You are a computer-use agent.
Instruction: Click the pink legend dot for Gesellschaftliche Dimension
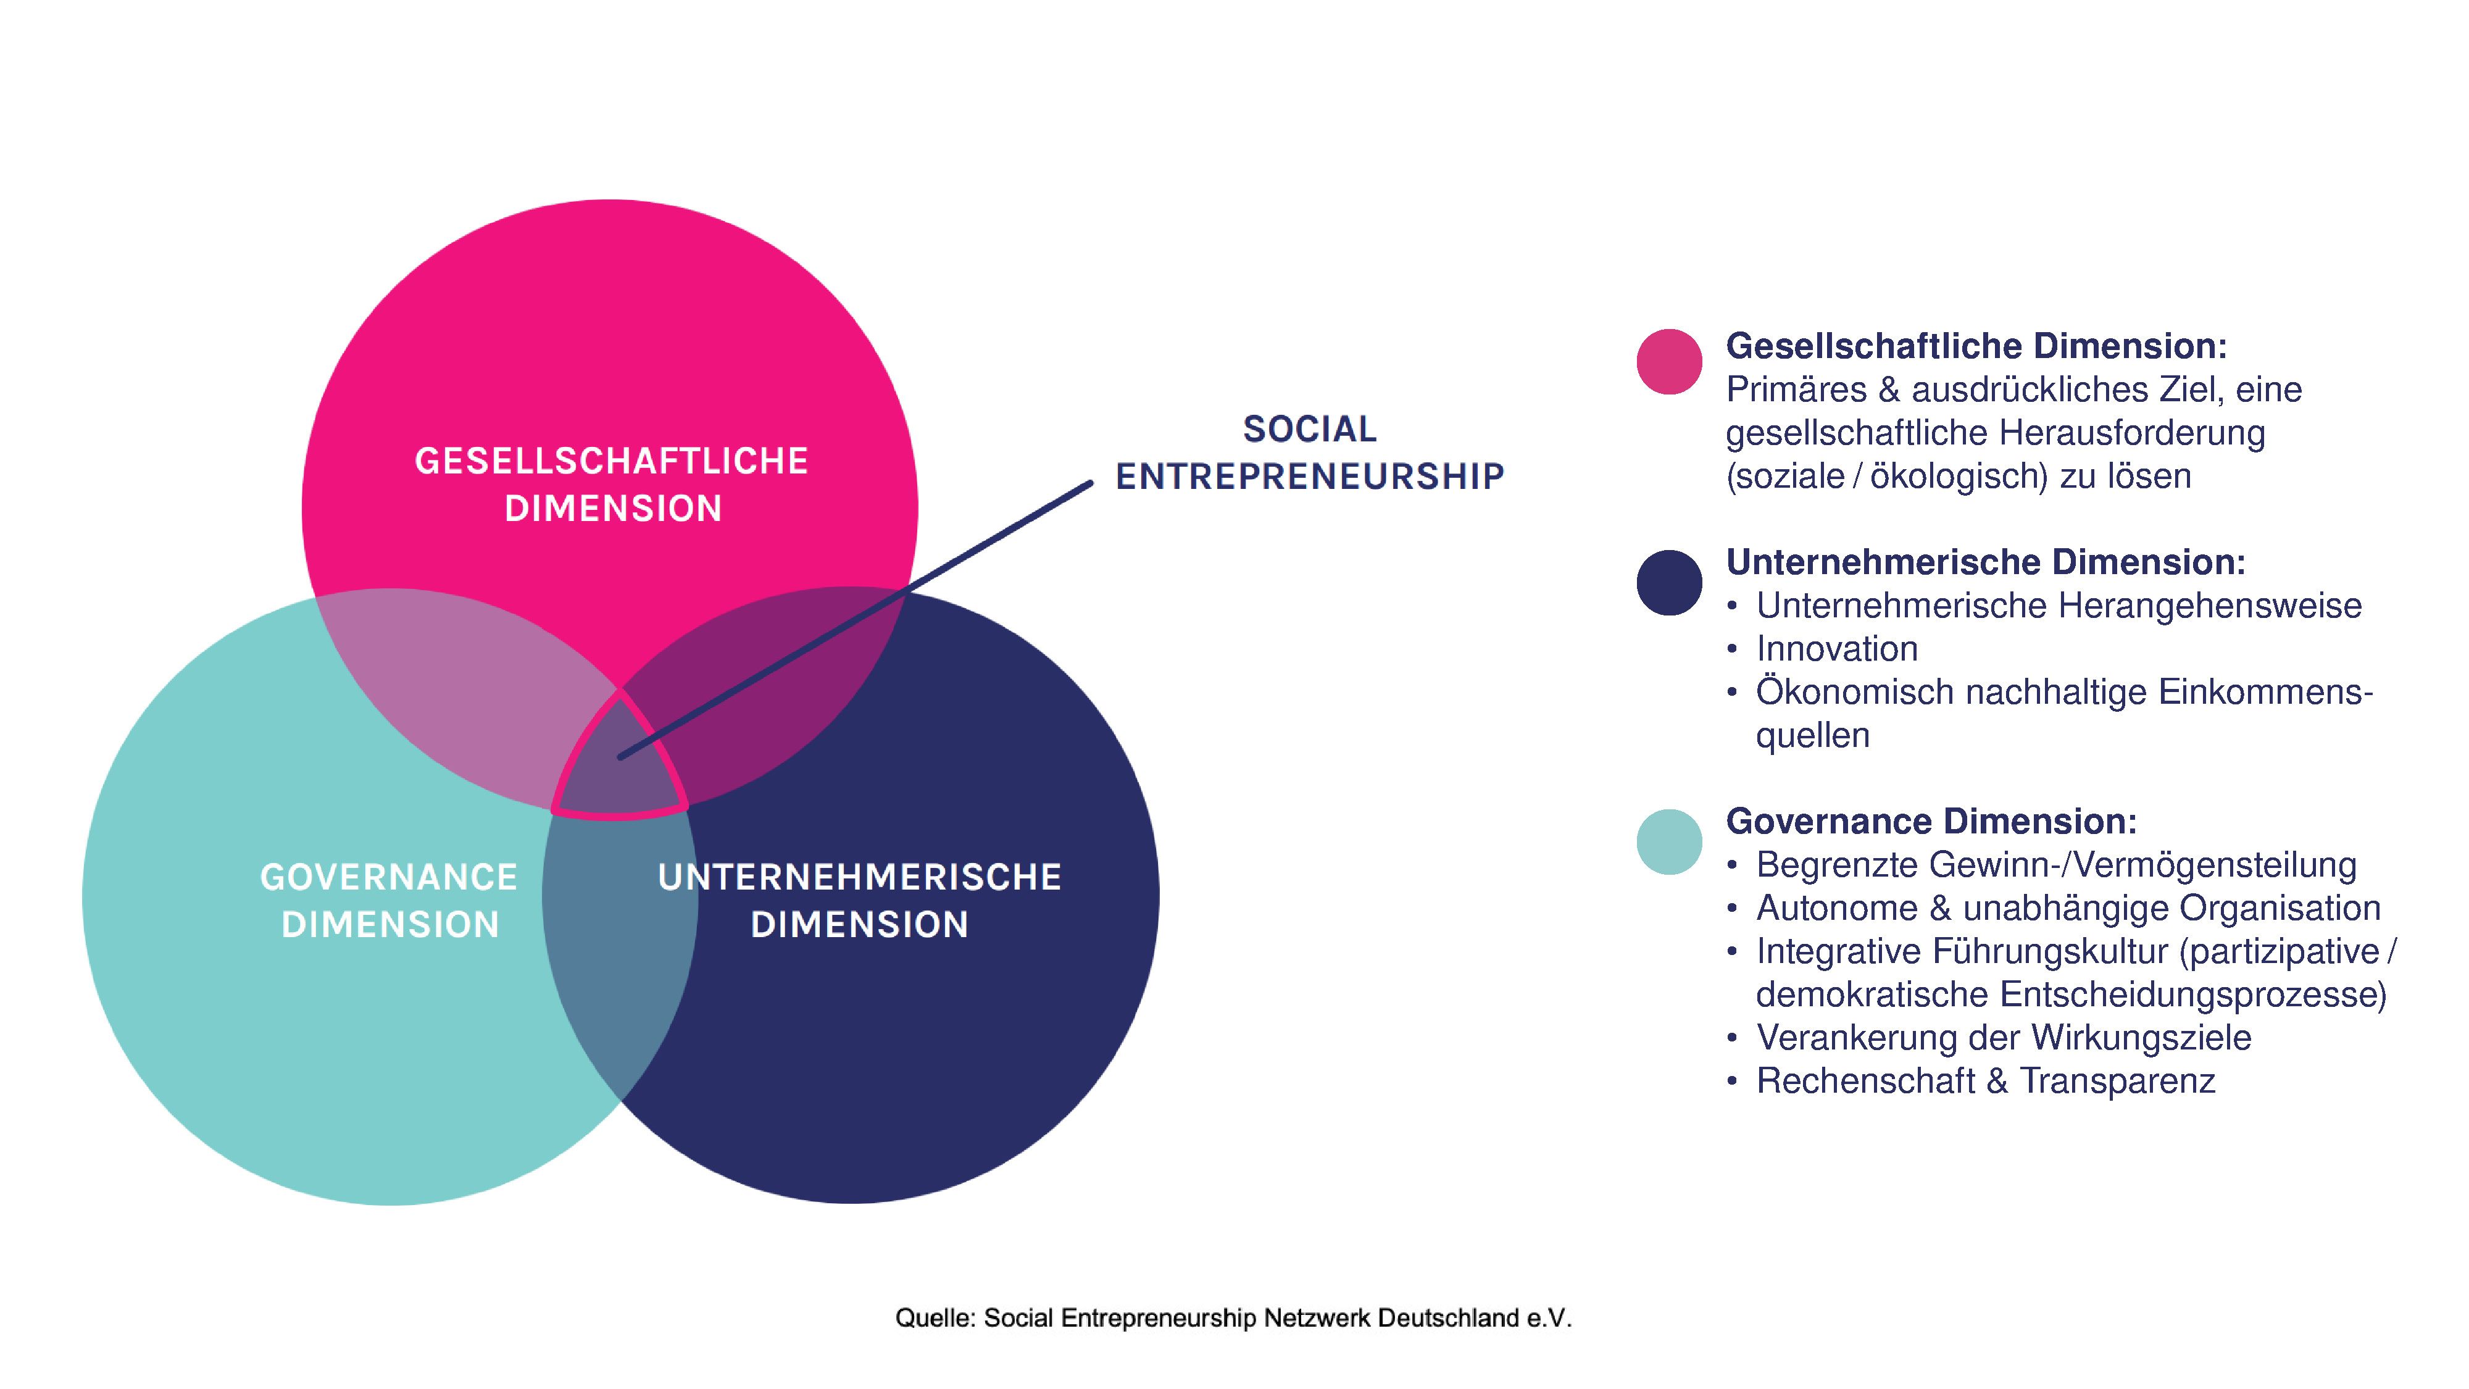click(x=1668, y=361)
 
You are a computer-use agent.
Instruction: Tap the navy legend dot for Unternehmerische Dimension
click(x=1668, y=582)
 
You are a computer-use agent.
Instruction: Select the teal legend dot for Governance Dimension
click(x=1668, y=841)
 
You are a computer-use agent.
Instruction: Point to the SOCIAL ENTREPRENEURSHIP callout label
click(x=1309, y=453)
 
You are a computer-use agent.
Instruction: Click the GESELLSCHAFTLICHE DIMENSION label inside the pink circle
click(x=612, y=484)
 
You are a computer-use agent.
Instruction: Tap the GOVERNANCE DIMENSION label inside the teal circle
click(x=389, y=900)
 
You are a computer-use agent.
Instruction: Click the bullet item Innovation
click(x=1836, y=649)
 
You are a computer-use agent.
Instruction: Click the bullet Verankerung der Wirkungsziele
click(x=2003, y=1037)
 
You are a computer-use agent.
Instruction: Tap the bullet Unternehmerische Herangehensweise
click(x=2058, y=606)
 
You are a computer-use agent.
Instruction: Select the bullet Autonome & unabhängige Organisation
click(x=2067, y=907)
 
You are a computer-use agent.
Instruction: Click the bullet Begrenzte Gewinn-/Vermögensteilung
click(x=2056, y=865)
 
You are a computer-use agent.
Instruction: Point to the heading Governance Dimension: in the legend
click(x=1931, y=822)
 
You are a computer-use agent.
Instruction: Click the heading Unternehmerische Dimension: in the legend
click(x=1985, y=562)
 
